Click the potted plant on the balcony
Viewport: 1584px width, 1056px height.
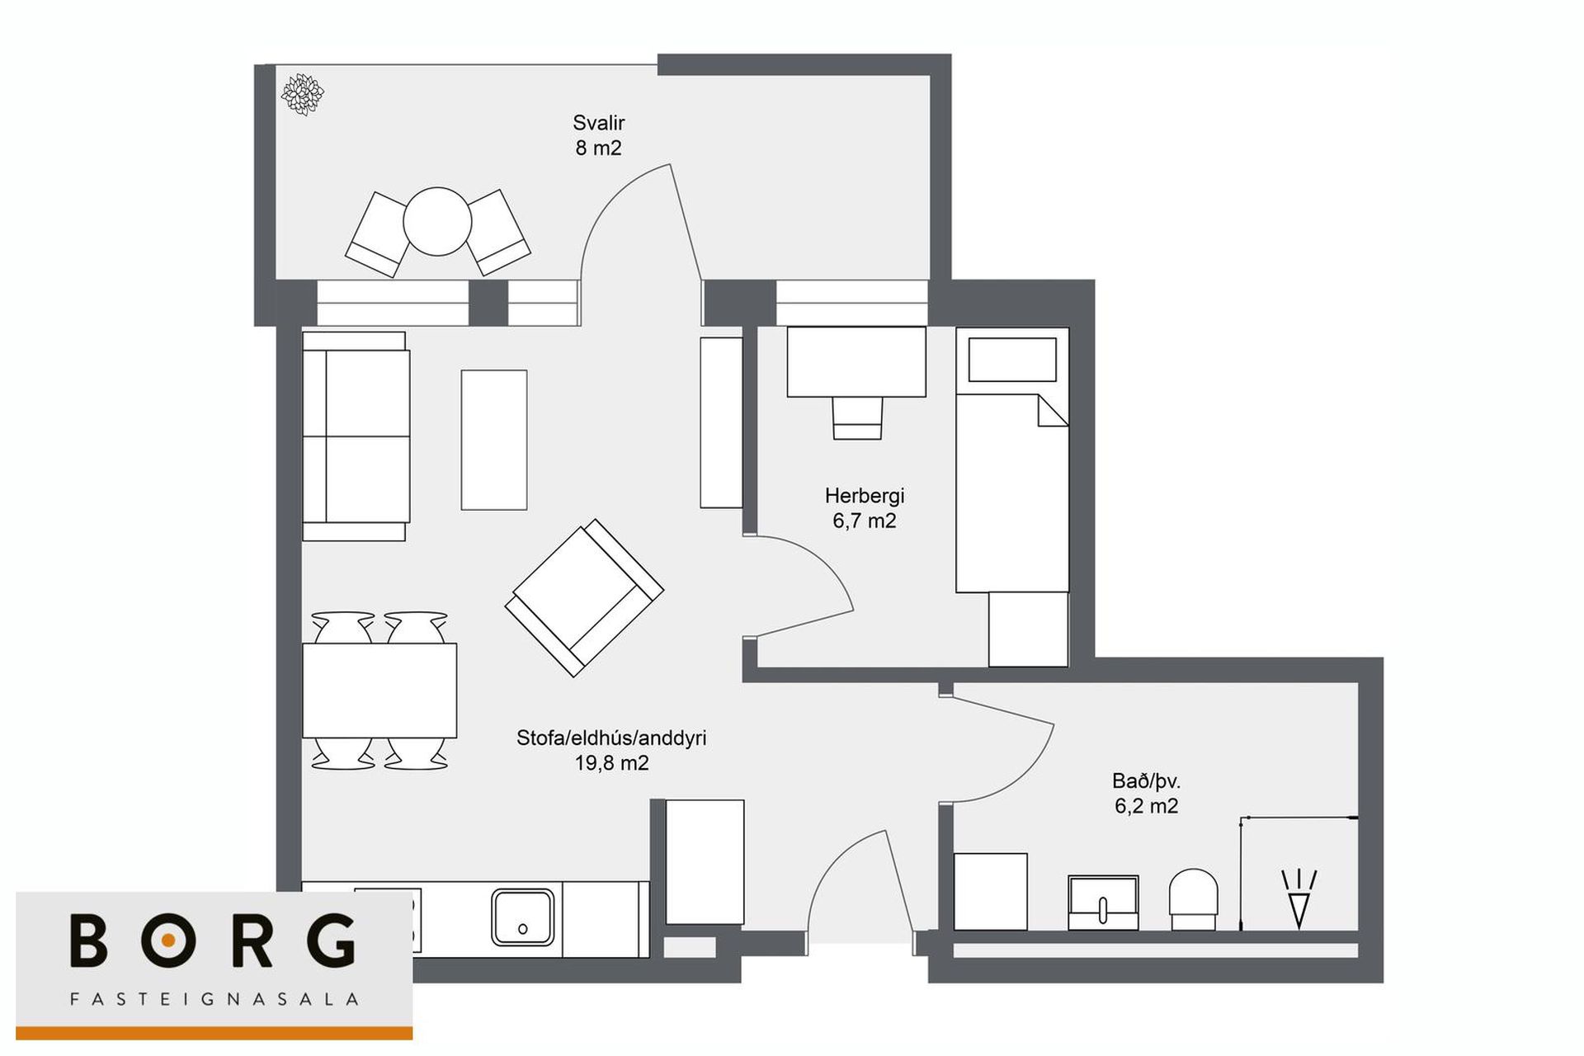pos(302,94)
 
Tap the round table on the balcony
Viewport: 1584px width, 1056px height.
pos(437,221)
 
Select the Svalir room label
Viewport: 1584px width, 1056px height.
pos(599,123)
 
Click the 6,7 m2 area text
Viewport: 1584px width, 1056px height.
pos(864,521)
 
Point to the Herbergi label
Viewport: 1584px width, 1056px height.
pos(865,496)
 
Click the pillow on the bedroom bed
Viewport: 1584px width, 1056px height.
pos(1012,360)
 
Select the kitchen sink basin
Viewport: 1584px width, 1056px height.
pos(522,917)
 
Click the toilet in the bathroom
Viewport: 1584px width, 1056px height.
pos(1194,900)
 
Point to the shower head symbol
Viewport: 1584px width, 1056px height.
pos(1299,898)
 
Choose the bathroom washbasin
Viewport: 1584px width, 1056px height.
pos(1103,903)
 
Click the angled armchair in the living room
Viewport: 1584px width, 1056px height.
pos(584,598)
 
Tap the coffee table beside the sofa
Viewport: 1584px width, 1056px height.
pos(494,440)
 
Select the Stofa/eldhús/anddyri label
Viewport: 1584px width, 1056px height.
pos(611,738)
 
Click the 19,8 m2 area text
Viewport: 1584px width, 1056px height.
pos(611,763)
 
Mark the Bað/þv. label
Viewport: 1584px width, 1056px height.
pos(1146,780)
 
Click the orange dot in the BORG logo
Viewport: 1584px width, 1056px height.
pos(168,940)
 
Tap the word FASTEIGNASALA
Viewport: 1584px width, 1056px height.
pos(214,999)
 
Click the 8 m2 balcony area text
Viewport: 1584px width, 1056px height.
pos(599,148)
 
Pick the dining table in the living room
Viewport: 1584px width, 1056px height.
pos(379,691)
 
